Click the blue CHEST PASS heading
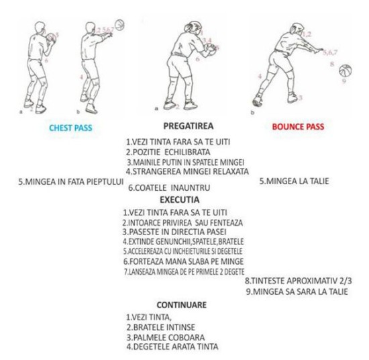(70, 128)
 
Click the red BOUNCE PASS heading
(298, 127)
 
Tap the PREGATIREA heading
(189, 126)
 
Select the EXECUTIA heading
(180, 199)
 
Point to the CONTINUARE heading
(181, 305)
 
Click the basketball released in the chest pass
(119, 25)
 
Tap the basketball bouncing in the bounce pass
(346, 71)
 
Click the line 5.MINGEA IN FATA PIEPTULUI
(71, 182)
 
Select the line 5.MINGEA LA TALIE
(294, 181)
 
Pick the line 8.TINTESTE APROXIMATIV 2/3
(298, 281)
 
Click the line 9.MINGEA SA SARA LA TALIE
(297, 291)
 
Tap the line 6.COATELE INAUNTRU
(169, 188)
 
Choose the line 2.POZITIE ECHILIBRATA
(168, 152)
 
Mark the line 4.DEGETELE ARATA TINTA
(172, 347)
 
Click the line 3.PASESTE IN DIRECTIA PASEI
(174, 232)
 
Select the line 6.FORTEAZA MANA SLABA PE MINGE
(183, 261)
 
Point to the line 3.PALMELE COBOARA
(166, 337)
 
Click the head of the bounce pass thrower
(297, 29)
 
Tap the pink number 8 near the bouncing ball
(332, 64)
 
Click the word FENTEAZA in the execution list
(226, 222)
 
